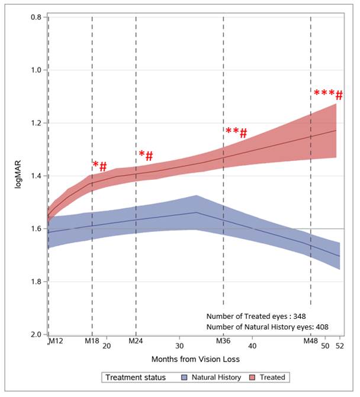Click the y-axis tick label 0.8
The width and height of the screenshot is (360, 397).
[35, 17]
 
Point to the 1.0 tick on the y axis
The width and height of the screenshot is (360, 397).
[35, 70]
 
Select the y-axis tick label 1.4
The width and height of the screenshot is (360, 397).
[35, 176]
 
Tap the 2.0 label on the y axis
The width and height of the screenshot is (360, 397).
[35, 334]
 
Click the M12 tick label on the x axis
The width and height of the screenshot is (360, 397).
[55, 341]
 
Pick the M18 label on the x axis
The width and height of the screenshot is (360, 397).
[92, 341]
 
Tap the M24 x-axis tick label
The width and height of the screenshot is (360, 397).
[136, 341]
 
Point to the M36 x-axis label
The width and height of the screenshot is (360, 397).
[223, 341]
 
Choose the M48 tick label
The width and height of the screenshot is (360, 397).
[311, 341]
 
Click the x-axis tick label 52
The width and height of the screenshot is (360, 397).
[340, 346]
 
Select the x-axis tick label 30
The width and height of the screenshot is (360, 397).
[180, 346]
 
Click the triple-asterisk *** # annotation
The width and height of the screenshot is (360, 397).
[327, 95]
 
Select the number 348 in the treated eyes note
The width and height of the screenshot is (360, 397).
[298, 315]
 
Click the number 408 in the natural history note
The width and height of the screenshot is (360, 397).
[320, 326]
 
